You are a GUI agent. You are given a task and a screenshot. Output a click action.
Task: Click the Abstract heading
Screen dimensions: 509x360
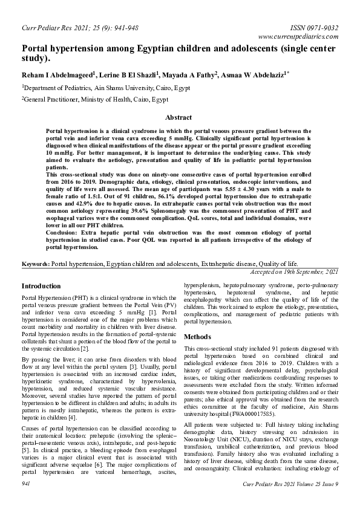(x=178, y=117)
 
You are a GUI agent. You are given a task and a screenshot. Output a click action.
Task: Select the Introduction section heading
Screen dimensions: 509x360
(x=41, y=285)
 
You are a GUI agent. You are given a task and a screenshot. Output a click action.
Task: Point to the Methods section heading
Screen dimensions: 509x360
(x=197, y=336)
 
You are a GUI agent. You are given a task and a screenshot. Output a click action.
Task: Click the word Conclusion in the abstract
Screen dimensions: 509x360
(x=64, y=233)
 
